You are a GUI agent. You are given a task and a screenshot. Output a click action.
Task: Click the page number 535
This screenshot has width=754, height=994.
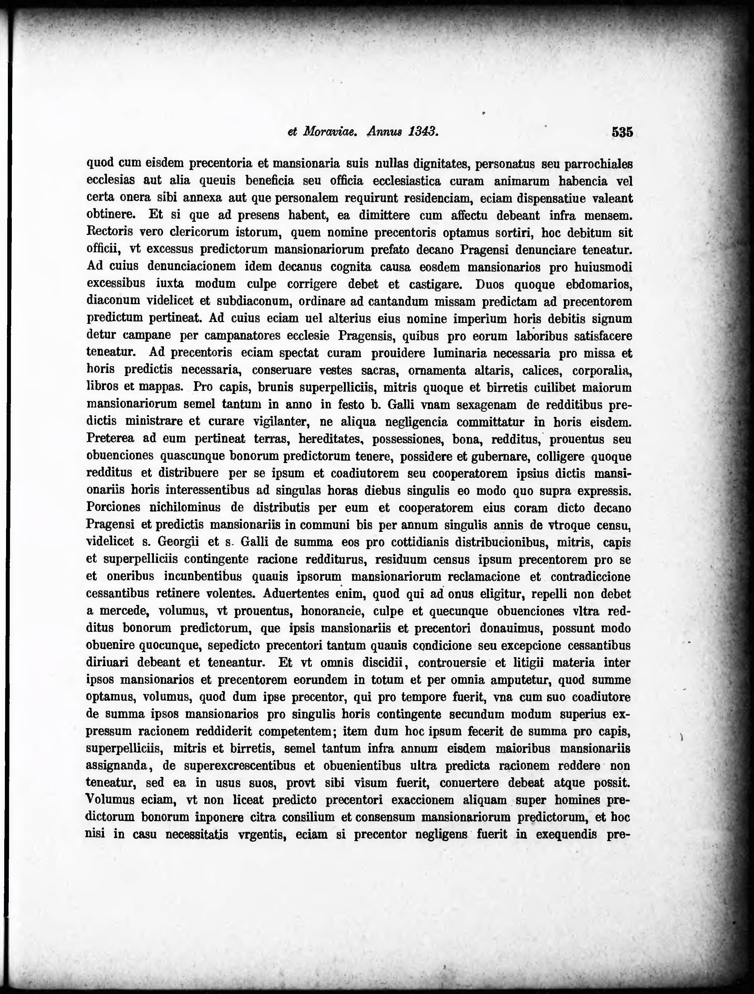click(x=622, y=132)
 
